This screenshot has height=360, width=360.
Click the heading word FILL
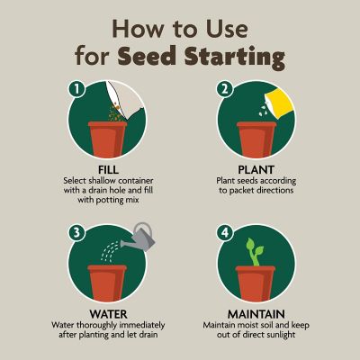112,168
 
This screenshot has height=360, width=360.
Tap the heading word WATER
112,303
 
